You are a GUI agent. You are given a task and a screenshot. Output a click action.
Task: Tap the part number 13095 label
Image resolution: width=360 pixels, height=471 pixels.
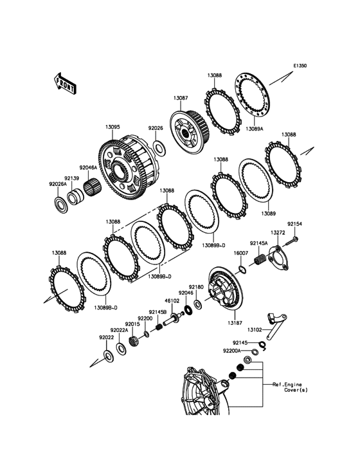pyautogui.click(x=113, y=127)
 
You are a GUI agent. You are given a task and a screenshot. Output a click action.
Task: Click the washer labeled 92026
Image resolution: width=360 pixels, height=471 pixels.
pyautogui.click(x=159, y=147)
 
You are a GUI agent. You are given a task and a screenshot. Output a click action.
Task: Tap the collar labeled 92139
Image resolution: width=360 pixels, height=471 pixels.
pyautogui.click(x=74, y=196)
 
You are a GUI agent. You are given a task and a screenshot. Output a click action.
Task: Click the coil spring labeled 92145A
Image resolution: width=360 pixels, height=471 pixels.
pyautogui.click(x=260, y=259)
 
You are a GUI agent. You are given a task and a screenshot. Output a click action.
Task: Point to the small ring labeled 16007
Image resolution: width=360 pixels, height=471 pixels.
pyautogui.click(x=243, y=269)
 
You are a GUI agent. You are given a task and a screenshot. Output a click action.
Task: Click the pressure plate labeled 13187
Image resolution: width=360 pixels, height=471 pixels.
pyautogui.click(x=226, y=288)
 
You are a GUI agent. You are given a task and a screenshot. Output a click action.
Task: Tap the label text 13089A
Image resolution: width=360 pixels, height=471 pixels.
pyautogui.click(x=254, y=129)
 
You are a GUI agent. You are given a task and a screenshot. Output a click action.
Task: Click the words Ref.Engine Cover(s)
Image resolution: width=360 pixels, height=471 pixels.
pyautogui.click(x=290, y=387)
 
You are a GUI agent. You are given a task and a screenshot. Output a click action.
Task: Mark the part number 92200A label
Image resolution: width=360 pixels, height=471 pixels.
pyautogui.click(x=231, y=350)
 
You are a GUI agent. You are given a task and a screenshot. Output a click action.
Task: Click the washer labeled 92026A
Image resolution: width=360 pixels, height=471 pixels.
pyautogui.click(x=62, y=205)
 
